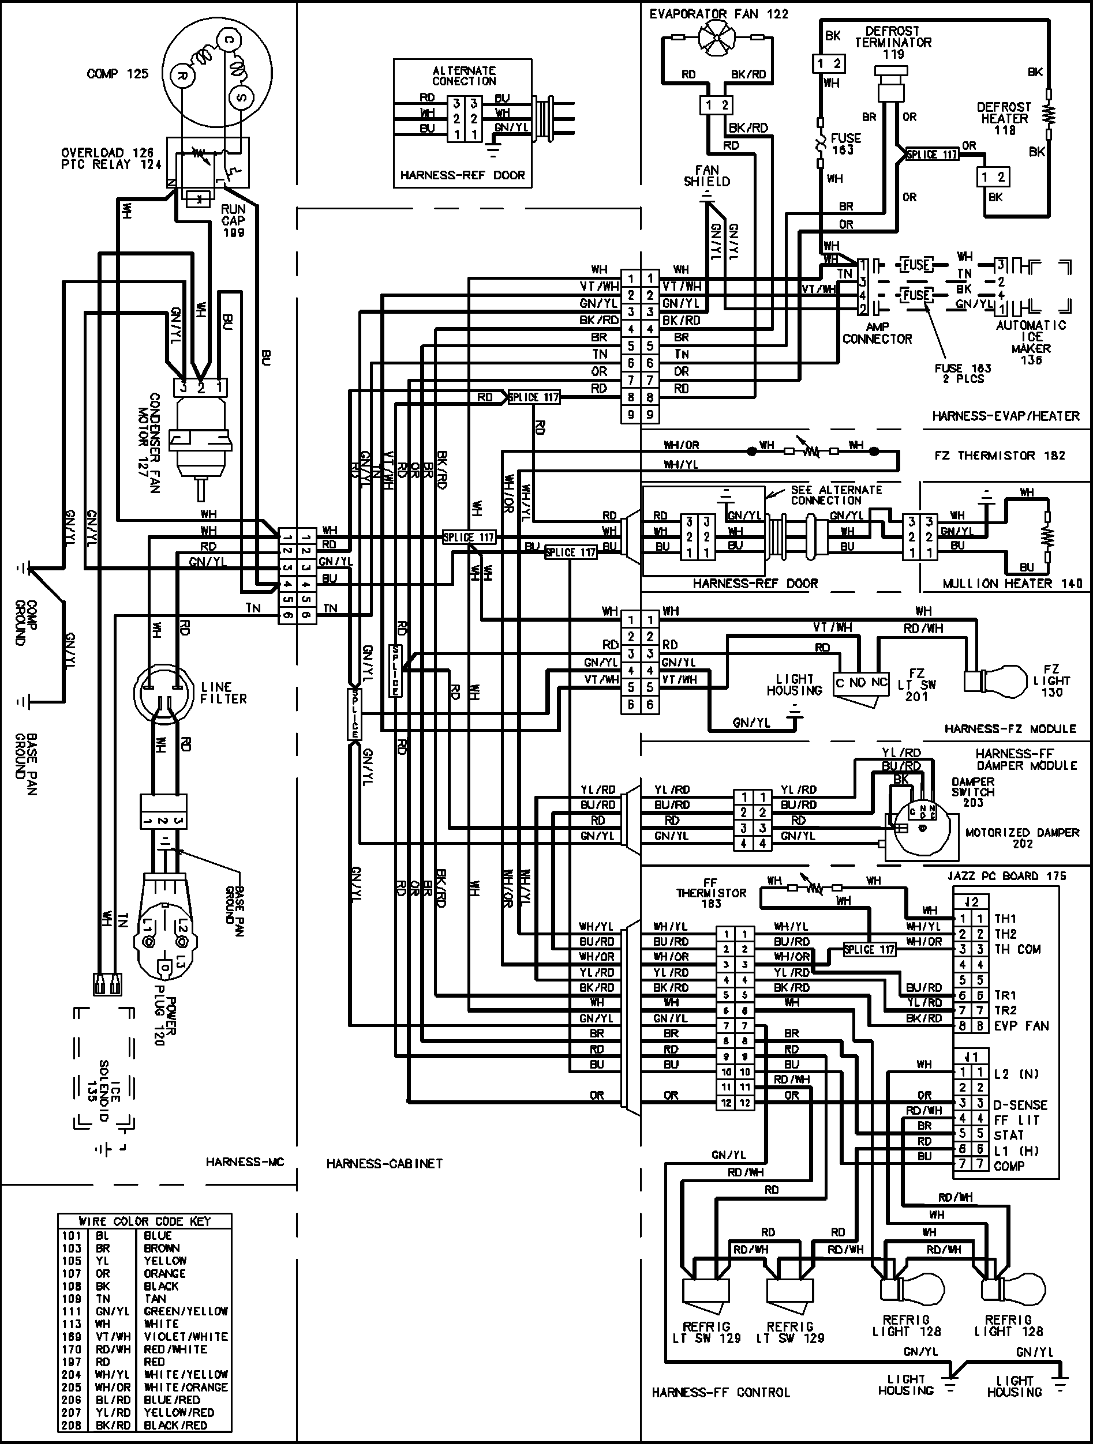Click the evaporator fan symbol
click(x=716, y=38)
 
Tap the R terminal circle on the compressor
click(x=182, y=76)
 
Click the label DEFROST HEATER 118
click(x=1004, y=118)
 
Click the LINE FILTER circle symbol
click(x=163, y=693)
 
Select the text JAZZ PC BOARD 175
click(x=1006, y=876)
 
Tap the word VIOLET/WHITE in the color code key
click(x=186, y=1336)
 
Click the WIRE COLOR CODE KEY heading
click(x=144, y=1221)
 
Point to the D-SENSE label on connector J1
click(x=1020, y=1105)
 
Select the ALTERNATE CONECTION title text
click(x=464, y=76)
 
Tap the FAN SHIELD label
click(x=707, y=176)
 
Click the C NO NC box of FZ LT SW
click(x=862, y=683)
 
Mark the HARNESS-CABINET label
click(x=384, y=1163)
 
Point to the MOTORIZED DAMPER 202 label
click(x=1023, y=837)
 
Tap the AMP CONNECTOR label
click(x=877, y=332)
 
